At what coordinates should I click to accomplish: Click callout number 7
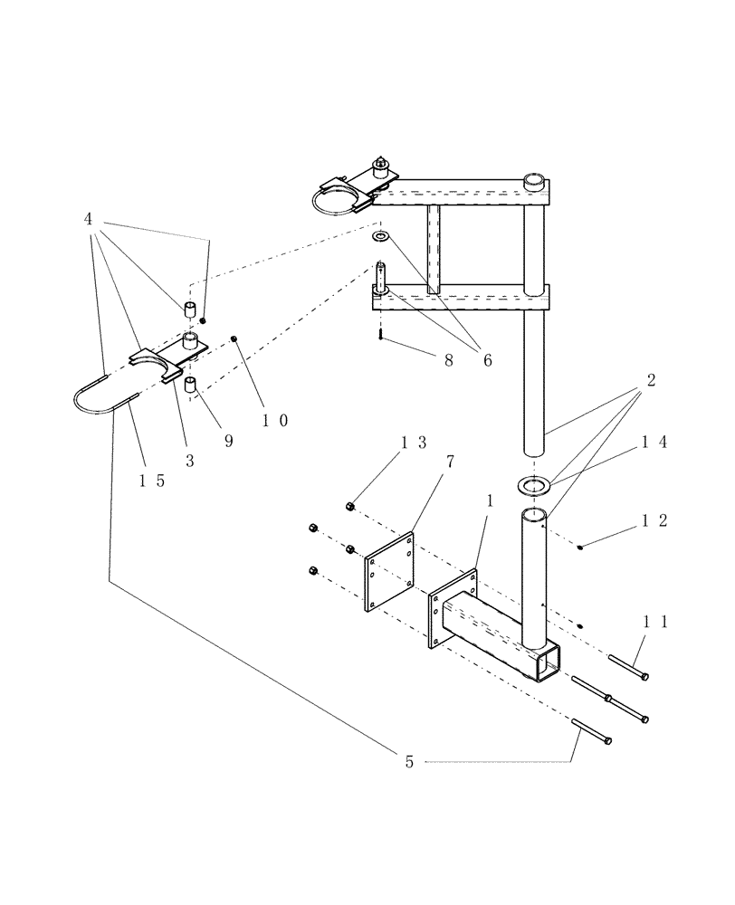[449, 462]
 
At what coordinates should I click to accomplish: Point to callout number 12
[654, 520]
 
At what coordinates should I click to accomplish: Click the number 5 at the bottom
[409, 762]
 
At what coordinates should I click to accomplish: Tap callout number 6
[487, 359]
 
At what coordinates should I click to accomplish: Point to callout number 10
[272, 421]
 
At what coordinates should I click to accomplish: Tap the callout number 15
[152, 481]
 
